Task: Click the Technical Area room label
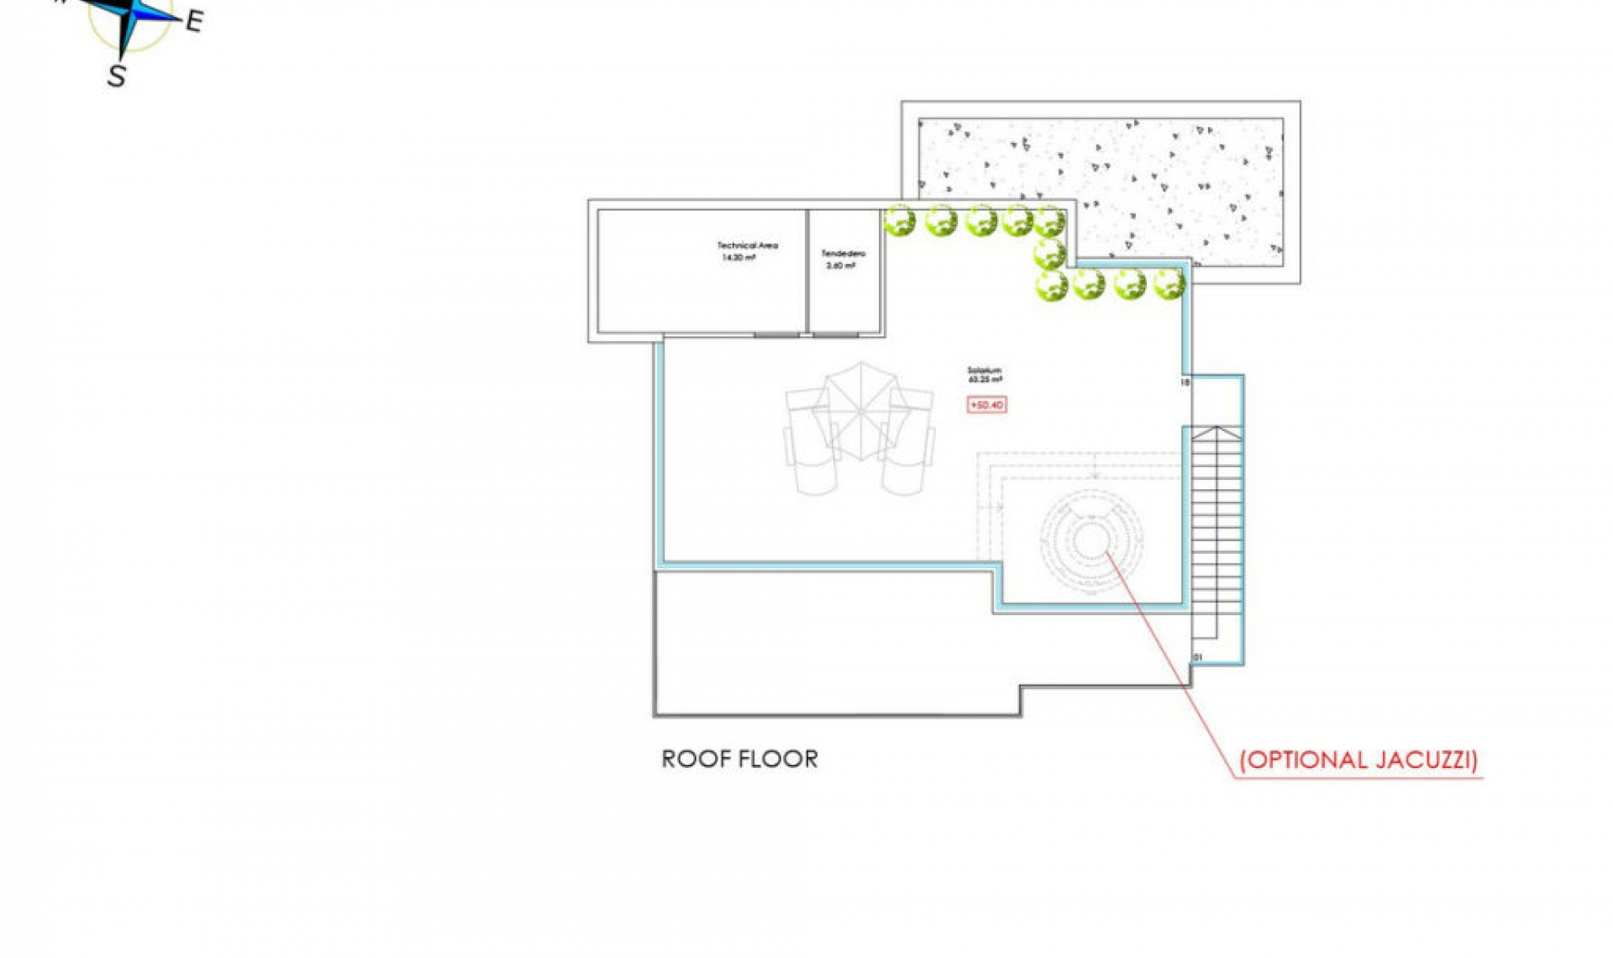(747, 245)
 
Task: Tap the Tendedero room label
(843, 253)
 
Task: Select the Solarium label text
(984, 370)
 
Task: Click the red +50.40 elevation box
(986, 405)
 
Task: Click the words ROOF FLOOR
(739, 759)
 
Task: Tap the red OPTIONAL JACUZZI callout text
(1358, 760)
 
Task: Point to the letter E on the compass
(194, 21)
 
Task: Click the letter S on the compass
(117, 76)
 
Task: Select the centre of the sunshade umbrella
(860, 410)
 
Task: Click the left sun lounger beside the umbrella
(811, 441)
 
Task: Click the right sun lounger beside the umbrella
(909, 441)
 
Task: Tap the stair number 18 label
(1185, 382)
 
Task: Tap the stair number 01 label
(1197, 657)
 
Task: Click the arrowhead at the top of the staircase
(1216, 433)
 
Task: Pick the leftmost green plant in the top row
(900, 222)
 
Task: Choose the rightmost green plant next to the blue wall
(1169, 284)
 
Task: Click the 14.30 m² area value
(738, 258)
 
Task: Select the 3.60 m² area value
(840, 266)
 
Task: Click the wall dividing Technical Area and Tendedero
(807, 271)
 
